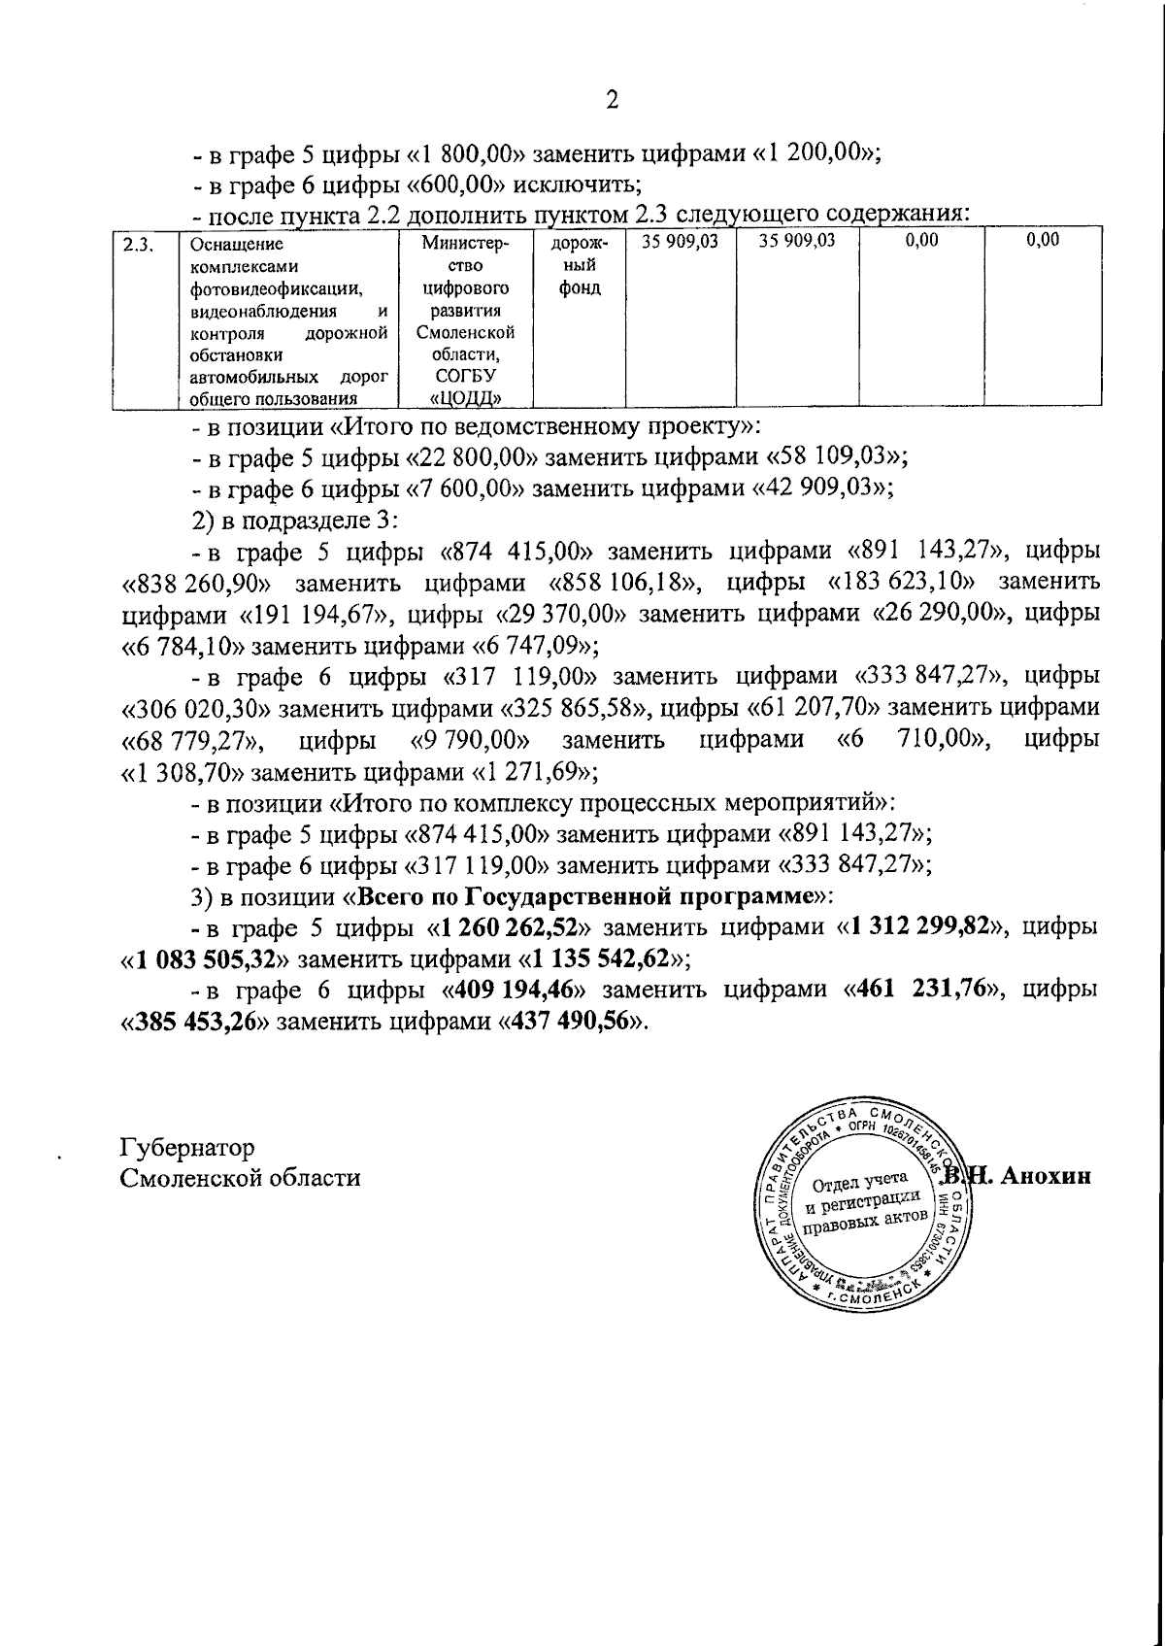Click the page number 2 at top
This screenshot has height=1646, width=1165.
612,100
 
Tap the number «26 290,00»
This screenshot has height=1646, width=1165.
929,614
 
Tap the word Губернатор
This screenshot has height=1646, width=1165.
186,1147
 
